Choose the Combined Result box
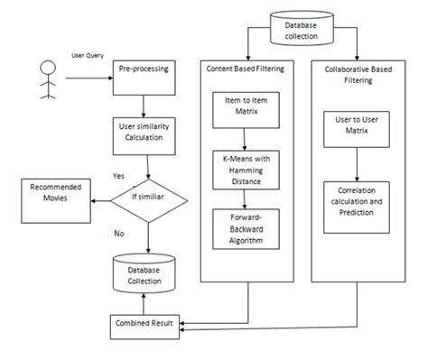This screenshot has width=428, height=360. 145,323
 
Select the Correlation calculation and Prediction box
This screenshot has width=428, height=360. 359,199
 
